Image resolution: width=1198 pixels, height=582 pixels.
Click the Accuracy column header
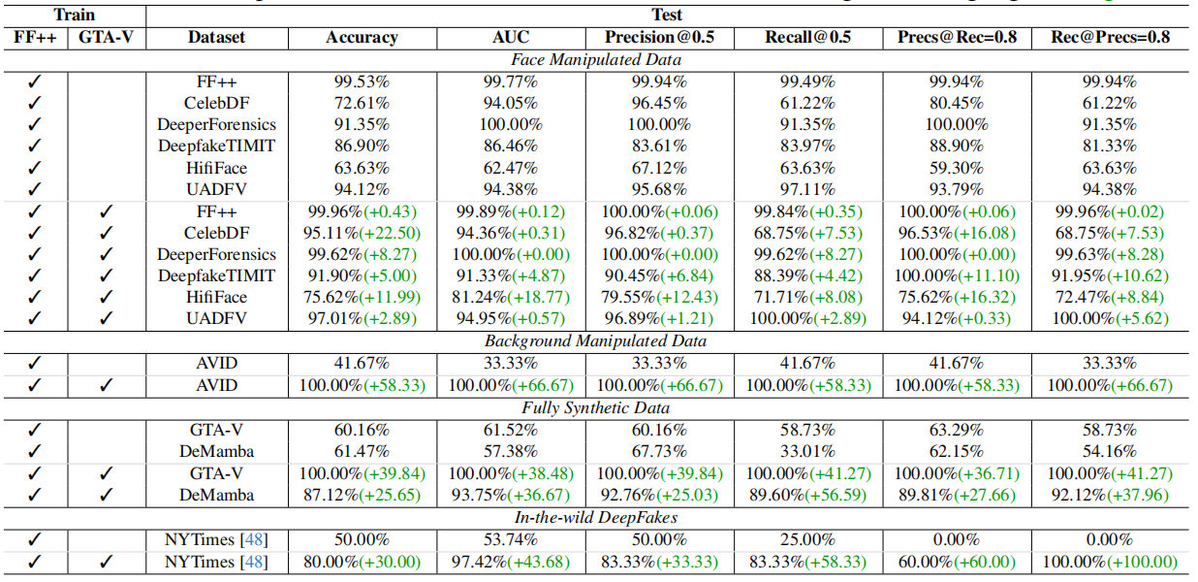click(x=362, y=38)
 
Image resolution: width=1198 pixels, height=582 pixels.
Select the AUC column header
click(x=511, y=38)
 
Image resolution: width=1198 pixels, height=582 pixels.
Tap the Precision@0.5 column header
click(x=659, y=38)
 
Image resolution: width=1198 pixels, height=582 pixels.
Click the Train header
click(x=74, y=15)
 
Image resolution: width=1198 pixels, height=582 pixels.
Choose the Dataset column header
click(x=216, y=38)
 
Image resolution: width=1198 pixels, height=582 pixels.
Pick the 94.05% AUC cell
click(x=511, y=103)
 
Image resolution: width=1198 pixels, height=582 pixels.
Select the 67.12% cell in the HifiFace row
click(x=659, y=168)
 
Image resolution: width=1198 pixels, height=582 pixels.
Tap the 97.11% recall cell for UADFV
click(x=808, y=189)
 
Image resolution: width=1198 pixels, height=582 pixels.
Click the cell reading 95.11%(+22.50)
click(x=362, y=233)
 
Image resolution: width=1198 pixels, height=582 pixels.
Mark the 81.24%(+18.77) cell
click(x=511, y=298)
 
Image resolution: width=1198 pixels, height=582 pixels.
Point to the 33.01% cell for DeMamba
click(x=808, y=451)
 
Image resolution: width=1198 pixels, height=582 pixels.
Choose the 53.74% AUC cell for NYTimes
click(x=511, y=539)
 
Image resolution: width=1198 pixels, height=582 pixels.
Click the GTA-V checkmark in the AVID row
click(x=107, y=385)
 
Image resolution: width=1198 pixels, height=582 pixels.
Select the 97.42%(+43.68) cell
click(x=511, y=562)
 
